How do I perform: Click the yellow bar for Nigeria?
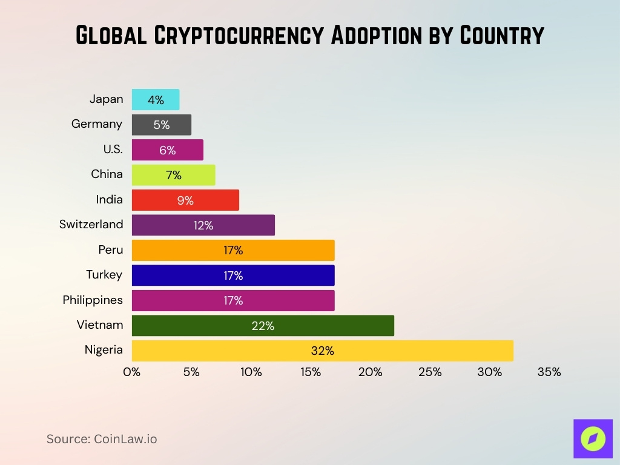(x=322, y=351)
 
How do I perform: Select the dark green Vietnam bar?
(x=263, y=326)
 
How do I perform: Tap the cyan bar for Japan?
(x=156, y=100)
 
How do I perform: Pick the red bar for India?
(x=185, y=200)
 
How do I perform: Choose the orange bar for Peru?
(x=233, y=250)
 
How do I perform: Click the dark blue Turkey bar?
(x=233, y=275)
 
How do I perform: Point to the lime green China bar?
(x=173, y=175)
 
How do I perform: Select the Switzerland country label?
(x=91, y=225)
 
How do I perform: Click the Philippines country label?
(x=93, y=300)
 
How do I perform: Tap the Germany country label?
(x=97, y=124)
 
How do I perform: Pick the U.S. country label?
(x=113, y=150)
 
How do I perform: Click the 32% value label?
(x=322, y=351)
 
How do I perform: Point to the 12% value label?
(x=203, y=225)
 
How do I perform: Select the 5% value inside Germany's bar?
(x=162, y=125)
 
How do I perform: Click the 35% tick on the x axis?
(x=549, y=372)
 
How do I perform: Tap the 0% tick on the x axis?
(x=131, y=372)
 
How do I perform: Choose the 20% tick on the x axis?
(x=370, y=372)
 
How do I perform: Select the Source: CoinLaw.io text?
(x=102, y=439)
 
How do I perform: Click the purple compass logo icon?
(x=593, y=438)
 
